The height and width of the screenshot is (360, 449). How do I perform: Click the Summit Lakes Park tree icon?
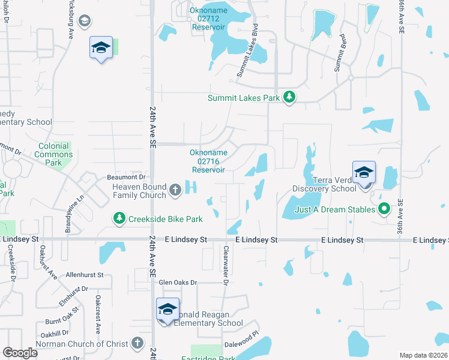point(289,97)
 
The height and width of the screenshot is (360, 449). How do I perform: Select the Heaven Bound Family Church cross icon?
point(175,191)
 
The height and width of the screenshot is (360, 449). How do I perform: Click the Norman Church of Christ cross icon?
point(137,343)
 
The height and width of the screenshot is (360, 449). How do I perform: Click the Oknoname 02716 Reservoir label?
point(208,161)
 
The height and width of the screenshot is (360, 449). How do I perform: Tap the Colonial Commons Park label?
point(55,154)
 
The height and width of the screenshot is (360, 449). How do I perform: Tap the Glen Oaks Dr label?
point(178,282)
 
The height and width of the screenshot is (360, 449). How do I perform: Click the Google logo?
point(20,353)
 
